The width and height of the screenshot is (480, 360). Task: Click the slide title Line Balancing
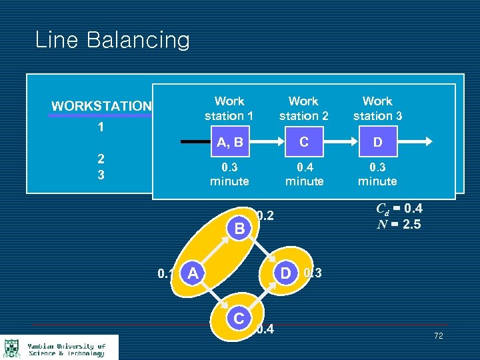[112, 40]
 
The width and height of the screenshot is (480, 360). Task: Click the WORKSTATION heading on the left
[101, 106]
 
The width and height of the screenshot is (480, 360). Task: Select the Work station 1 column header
[229, 109]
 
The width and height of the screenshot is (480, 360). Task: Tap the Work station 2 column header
[303, 109]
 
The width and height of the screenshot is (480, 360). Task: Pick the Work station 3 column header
[377, 109]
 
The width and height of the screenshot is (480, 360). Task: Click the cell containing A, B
[229, 142]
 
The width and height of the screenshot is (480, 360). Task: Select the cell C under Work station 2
[304, 142]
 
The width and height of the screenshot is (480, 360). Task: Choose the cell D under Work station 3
[377, 142]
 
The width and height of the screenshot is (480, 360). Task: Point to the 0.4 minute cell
[304, 174]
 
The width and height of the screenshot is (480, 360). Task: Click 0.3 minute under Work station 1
[229, 174]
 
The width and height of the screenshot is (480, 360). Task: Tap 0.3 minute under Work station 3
[377, 174]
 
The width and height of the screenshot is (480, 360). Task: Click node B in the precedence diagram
[239, 229]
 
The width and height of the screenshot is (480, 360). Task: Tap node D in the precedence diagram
[285, 272]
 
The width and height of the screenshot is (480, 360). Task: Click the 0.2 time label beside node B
[265, 215]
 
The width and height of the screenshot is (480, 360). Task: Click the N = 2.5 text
[399, 224]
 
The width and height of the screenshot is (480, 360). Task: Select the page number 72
[438, 335]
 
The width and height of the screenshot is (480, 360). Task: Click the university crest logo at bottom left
[11, 348]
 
